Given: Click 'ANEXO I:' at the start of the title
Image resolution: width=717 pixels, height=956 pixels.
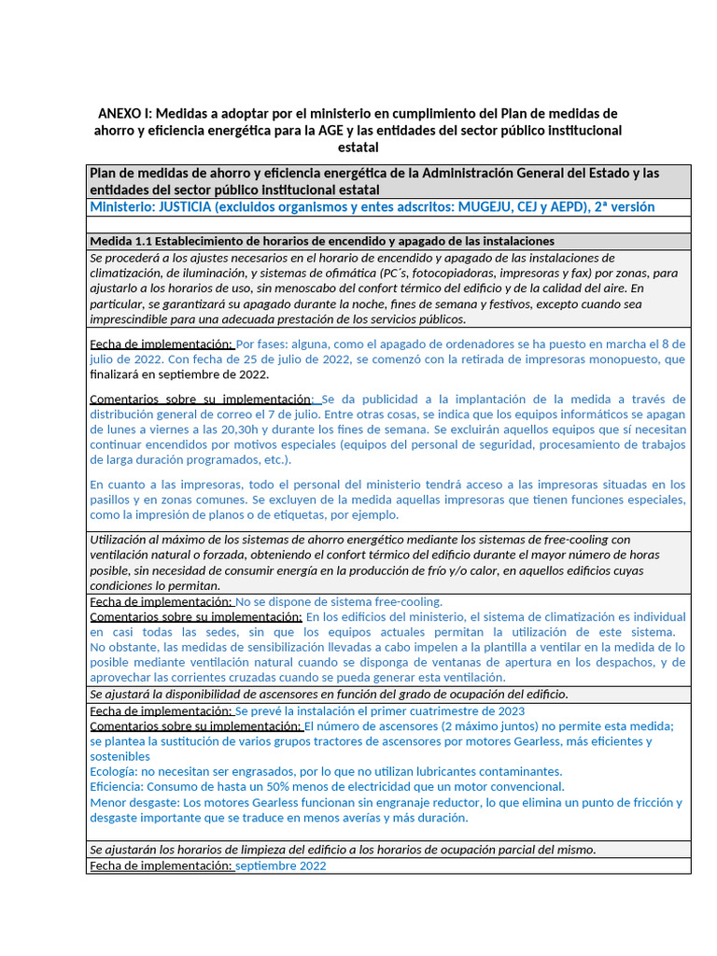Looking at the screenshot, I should tap(128, 114).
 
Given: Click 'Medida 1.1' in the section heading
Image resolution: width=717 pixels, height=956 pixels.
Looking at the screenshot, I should tap(120, 241).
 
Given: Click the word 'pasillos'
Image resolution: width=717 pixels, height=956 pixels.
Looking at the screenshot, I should tap(112, 499).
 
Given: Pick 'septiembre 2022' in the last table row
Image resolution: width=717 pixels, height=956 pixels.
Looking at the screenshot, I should tap(280, 865).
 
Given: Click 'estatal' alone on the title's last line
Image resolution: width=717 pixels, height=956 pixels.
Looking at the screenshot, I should tap(358, 147).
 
